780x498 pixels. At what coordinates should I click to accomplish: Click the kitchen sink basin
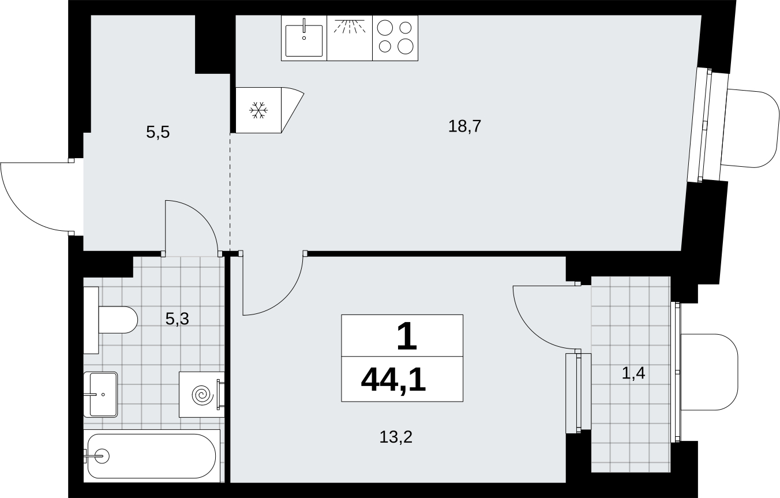point(304,40)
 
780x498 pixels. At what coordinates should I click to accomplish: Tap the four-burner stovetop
point(395,38)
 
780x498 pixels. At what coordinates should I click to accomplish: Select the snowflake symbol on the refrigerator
point(258,110)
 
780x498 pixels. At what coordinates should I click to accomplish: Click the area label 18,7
point(464,126)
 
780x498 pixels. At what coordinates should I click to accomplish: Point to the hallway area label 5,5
point(157,132)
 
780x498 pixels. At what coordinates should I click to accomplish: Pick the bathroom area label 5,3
point(177,319)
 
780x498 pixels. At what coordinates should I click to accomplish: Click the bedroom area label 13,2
point(396,437)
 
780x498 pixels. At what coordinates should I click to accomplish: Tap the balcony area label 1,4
point(633,373)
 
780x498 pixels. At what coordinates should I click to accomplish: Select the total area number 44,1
point(393,381)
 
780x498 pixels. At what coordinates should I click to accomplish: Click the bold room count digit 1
point(407,336)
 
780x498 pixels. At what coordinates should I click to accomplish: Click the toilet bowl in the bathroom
point(118,320)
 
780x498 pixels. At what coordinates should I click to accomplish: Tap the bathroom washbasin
point(100,394)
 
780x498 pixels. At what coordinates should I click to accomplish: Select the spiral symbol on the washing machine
point(202,395)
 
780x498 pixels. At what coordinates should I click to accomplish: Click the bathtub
point(152,456)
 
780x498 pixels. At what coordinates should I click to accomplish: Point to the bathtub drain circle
point(103,456)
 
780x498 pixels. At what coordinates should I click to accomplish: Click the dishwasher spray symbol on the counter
point(350,27)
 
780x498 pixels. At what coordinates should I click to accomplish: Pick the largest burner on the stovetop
point(406,46)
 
